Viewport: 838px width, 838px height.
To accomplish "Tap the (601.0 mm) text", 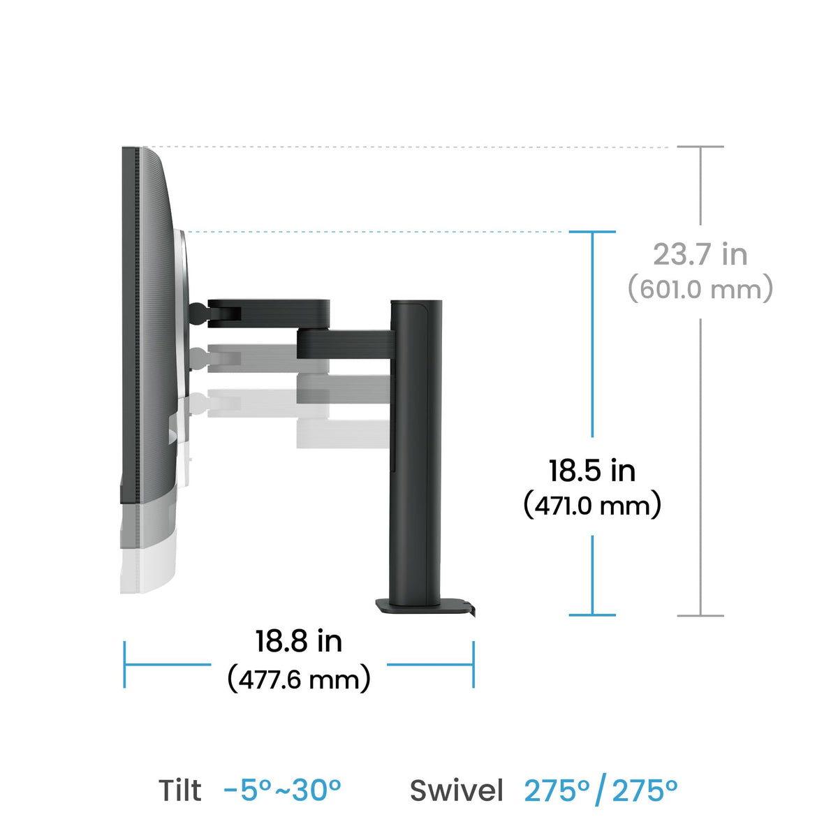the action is click(x=700, y=288).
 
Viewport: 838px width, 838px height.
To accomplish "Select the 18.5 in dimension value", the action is click(x=592, y=471).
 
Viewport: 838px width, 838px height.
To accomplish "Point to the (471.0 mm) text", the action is click(x=592, y=505).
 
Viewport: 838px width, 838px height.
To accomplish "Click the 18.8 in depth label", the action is click(x=299, y=641).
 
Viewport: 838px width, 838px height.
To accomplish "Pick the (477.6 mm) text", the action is click(x=299, y=679).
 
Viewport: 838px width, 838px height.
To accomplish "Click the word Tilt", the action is click(x=180, y=790).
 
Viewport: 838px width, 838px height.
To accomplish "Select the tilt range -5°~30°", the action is click(x=282, y=790).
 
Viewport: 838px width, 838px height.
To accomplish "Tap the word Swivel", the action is click(x=456, y=790).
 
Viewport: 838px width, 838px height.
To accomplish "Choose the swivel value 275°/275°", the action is click(x=601, y=790).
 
